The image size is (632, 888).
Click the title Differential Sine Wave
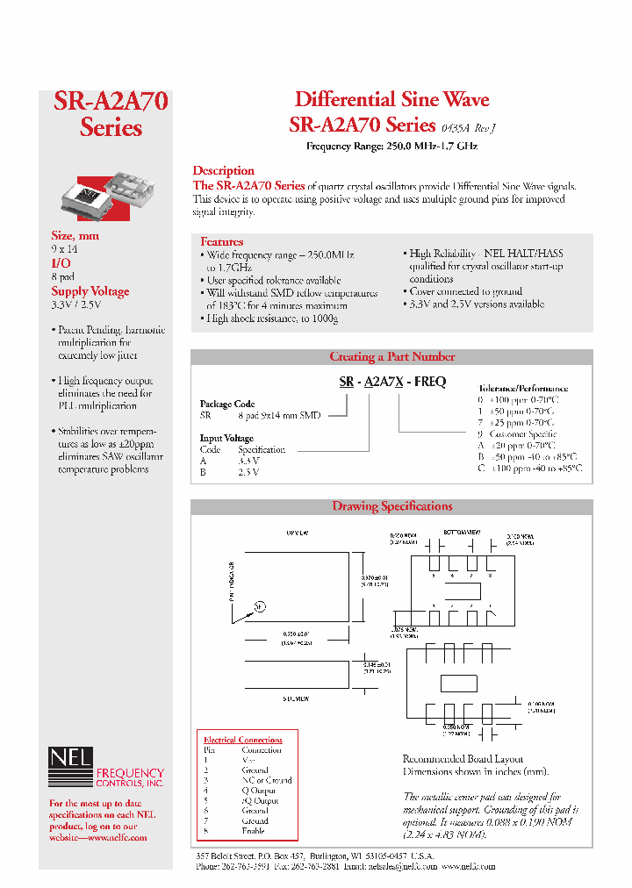[391, 99]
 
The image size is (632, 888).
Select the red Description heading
[224, 170]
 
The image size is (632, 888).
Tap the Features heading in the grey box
[222, 241]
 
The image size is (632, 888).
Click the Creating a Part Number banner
[391, 357]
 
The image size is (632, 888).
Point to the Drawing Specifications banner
[391, 506]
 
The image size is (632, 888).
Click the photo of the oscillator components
[104, 194]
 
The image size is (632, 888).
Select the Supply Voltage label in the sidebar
[90, 291]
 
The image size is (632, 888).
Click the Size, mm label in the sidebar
[75, 235]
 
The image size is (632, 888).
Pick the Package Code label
[227, 405]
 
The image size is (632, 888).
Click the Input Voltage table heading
[226, 438]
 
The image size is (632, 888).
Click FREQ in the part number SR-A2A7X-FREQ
[429, 382]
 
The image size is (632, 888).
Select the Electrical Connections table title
[243, 740]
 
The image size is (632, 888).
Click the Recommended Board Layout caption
[463, 759]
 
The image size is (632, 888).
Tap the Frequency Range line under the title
[391, 147]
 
